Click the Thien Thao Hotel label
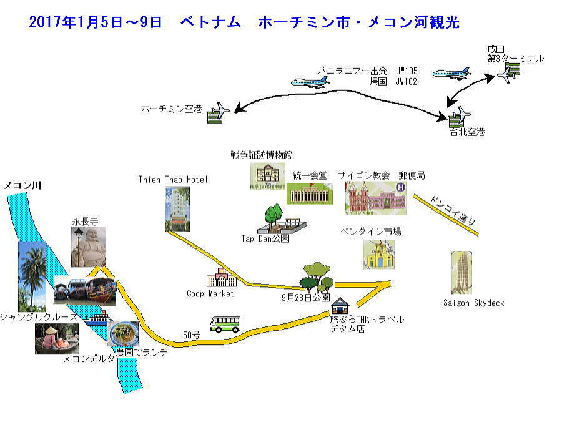coord(173,179)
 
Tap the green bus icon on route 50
coord(225,324)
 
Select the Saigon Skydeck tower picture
coord(461,273)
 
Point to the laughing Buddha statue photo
coord(88,247)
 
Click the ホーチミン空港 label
coord(171,109)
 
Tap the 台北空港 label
coord(468,132)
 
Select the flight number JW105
coord(406,71)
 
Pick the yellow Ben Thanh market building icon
coord(380,255)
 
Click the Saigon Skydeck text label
coord(473,303)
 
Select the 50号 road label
coord(192,335)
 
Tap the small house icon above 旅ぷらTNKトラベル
coord(341,306)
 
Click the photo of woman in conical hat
coord(56,339)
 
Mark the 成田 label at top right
coord(496,49)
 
